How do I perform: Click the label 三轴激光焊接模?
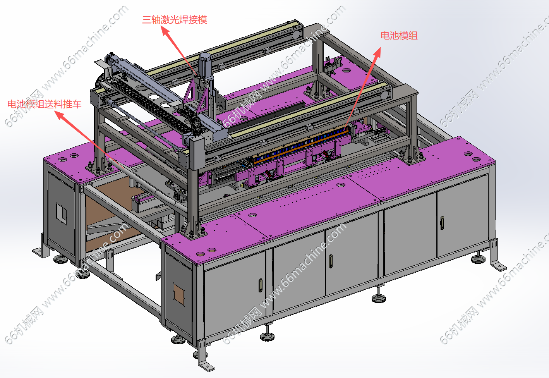(175, 20)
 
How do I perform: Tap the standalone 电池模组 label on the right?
(399, 36)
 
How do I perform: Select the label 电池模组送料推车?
(44, 104)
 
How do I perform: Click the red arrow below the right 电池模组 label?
(362, 89)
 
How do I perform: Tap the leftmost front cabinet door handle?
(261, 285)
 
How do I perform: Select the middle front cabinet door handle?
(331, 261)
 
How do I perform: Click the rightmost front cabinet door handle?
(442, 223)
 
